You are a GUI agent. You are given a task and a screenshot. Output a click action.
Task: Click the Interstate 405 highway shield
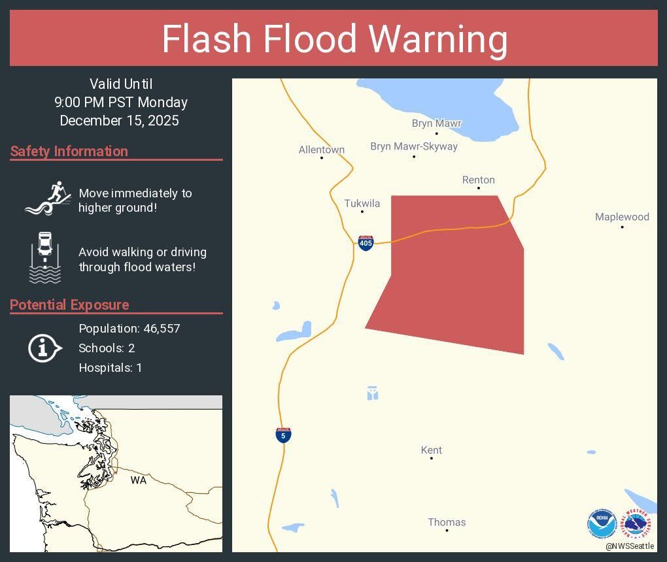(x=366, y=244)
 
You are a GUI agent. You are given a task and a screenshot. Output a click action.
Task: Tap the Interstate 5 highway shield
(x=283, y=435)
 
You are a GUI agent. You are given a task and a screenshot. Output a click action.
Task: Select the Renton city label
(x=479, y=180)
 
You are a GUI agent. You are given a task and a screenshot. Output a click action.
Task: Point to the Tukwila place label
(x=362, y=203)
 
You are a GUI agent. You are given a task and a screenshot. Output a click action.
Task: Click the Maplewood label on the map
(x=622, y=217)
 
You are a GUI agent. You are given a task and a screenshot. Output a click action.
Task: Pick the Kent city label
(x=432, y=450)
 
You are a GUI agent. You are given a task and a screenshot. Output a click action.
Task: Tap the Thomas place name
(x=447, y=522)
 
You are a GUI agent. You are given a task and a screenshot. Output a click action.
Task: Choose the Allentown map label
(x=322, y=150)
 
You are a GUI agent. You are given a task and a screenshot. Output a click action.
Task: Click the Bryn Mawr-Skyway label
(x=414, y=146)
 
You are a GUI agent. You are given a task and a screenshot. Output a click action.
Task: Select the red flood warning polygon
(x=458, y=281)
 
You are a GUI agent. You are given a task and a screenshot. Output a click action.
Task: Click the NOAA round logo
(x=602, y=524)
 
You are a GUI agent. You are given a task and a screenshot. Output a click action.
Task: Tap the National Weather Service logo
(x=637, y=524)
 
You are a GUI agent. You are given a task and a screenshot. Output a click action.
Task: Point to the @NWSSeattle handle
(x=630, y=546)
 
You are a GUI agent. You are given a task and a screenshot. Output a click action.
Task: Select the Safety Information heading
(x=69, y=151)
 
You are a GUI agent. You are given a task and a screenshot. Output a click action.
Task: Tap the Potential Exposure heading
(x=70, y=305)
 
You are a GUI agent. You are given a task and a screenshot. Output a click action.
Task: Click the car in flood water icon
(x=45, y=257)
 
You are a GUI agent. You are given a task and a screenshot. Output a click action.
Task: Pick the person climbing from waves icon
(x=48, y=198)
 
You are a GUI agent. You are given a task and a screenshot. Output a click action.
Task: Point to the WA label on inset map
(x=138, y=480)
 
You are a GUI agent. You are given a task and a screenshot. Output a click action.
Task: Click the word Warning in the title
(x=438, y=39)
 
